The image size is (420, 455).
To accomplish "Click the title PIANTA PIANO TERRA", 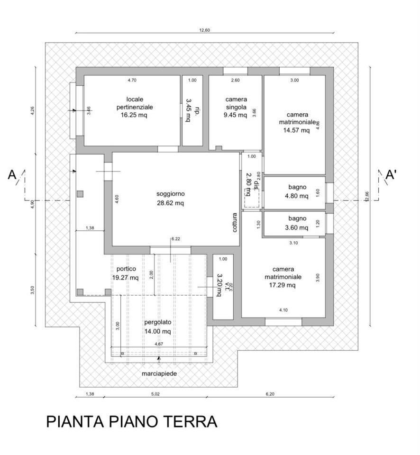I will (132, 421).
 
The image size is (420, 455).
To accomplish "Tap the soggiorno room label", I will (171, 194).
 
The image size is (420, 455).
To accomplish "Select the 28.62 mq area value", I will (171, 202).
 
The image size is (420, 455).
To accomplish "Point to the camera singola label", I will (236, 103).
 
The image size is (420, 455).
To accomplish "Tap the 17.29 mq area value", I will (283, 285).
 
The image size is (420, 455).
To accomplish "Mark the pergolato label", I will (157, 323).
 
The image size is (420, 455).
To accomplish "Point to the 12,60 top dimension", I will (204, 30).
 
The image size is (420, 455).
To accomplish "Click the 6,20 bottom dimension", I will (271, 394).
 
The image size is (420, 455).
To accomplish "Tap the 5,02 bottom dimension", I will (156, 394).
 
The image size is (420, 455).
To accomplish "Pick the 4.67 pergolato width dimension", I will (159, 344).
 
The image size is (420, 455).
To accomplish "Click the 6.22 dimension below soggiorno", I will (175, 239).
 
